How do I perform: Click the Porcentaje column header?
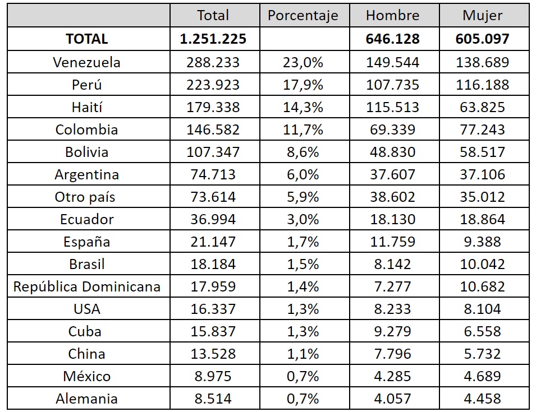click(x=303, y=16)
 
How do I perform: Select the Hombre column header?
click(x=392, y=16)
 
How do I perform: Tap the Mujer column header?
click(x=483, y=16)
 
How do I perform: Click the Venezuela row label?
click(x=86, y=62)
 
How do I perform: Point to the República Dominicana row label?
click(x=86, y=287)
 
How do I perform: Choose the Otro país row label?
click(x=86, y=197)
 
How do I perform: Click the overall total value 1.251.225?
click(x=213, y=39)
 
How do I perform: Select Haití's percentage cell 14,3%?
click(x=303, y=107)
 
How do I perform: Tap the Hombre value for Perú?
click(x=392, y=85)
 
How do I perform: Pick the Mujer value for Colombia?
click(x=483, y=129)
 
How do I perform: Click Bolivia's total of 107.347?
click(x=213, y=152)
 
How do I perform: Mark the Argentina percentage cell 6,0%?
click(x=303, y=174)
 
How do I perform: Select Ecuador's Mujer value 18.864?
click(x=483, y=219)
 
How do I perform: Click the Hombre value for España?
click(x=392, y=242)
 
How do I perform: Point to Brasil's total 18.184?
click(x=213, y=265)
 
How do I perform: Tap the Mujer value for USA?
click(x=483, y=309)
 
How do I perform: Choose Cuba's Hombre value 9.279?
click(x=392, y=332)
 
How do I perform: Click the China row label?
click(x=86, y=354)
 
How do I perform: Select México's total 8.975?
click(x=213, y=377)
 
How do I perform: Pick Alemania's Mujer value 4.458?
click(x=483, y=399)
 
